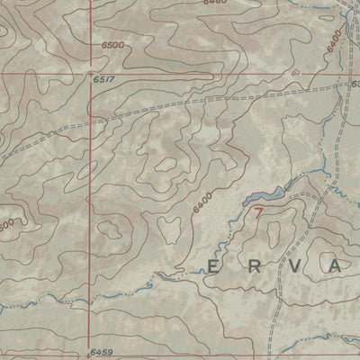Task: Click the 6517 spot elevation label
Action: [x=105, y=79]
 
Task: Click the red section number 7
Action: [x=259, y=214]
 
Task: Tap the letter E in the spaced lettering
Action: [x=214, y=266]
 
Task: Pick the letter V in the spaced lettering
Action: [x=294, y=266]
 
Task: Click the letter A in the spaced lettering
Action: [x=335, y=266]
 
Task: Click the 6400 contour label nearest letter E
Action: [x=202, y=202]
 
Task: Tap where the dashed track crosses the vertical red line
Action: [x=92, y=118]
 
